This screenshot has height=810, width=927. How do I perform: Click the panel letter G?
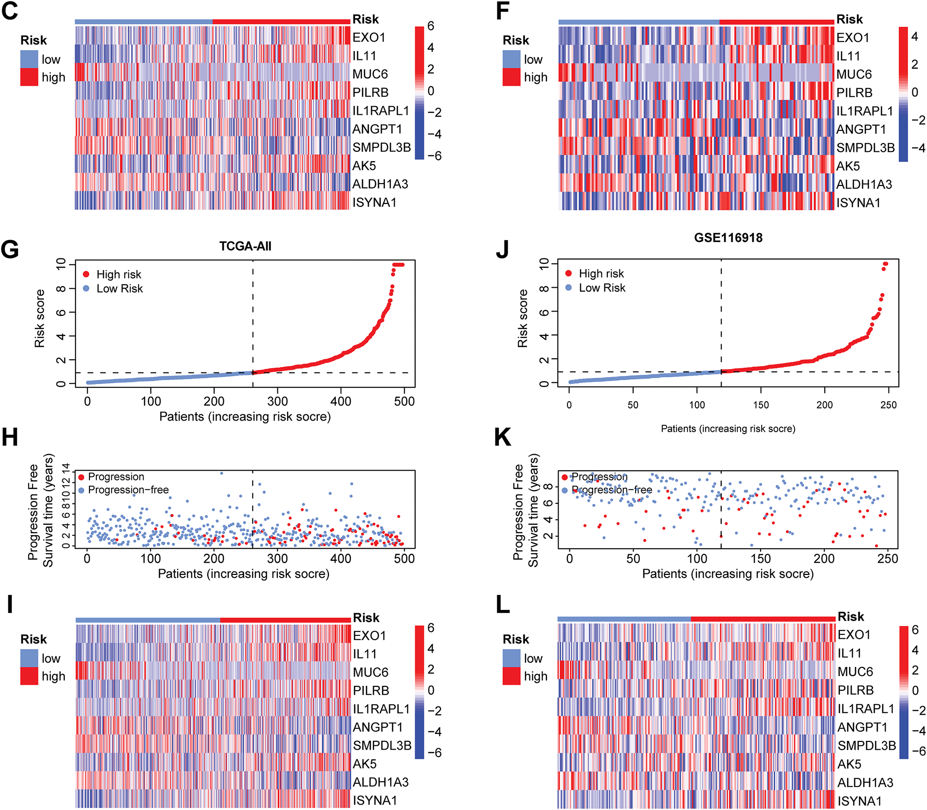point(10,249)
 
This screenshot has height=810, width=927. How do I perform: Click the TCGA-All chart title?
point(245,246)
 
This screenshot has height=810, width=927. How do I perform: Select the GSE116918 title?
point(728,238)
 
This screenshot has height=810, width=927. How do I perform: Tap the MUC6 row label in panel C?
point(370,74)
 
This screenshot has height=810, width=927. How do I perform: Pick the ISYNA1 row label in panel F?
point(858,202)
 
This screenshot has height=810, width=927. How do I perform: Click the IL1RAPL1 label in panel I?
point(381,709)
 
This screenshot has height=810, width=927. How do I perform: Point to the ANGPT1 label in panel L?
point(862,727)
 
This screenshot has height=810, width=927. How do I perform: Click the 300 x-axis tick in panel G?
point(277,402)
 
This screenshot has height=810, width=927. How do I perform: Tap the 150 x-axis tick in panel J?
point(761,405)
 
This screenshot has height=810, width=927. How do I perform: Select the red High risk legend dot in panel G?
point(86,275)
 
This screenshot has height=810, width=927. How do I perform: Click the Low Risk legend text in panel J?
point(602,288)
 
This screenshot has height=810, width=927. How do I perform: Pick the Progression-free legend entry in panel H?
point(128,490)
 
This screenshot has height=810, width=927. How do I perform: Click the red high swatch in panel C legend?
point(29,77)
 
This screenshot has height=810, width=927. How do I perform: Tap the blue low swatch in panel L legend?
point(511,658)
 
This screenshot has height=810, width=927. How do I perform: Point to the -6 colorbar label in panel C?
point(434,156)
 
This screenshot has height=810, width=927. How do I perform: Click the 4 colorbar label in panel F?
point(914,37)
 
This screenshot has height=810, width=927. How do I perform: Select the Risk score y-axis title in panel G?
point(39,318)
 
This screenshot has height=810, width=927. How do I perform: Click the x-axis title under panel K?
point(727,574)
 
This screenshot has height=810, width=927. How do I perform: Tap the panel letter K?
point(502,437)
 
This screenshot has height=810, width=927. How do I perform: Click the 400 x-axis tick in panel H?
point(341,558)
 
